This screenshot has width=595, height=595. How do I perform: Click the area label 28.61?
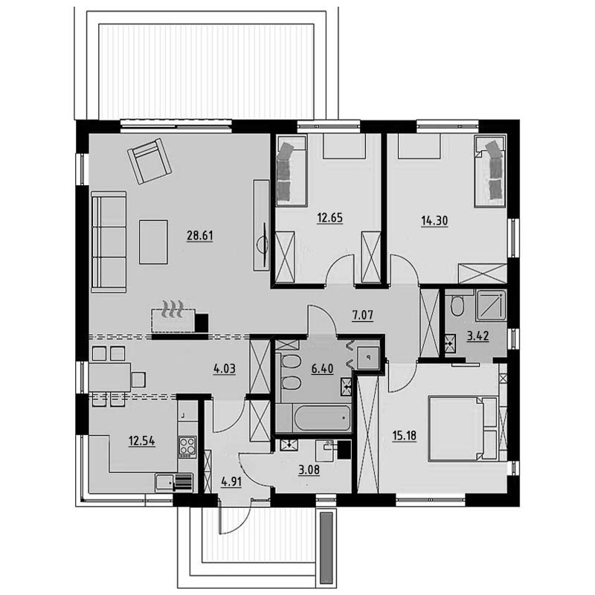pyautogui.click(x=199, y=236)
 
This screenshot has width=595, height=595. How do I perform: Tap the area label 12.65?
pyautogui.click(x=329, y=218)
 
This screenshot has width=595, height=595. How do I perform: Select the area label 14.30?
pyautogui.click(x=434, y=220)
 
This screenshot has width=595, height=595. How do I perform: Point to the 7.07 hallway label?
pyautogui.click(x=363, y=315)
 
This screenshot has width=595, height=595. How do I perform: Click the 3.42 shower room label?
pyautogui.click(x=477, y=336)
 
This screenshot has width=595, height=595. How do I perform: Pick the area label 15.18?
pyautogui.click(x=405, y=435)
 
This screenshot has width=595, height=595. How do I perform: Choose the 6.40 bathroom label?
pyautogui.click(x=322, y=368)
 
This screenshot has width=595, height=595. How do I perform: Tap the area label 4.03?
pyautogui.click(x=225, y=368)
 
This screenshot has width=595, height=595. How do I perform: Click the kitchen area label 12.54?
pyautogui.click(x=141, y=441)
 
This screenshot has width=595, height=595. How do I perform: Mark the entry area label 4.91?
pyautogui.click(x=231, y=481)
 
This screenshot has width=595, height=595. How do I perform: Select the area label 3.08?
pyautogui.click(x=309, y=470)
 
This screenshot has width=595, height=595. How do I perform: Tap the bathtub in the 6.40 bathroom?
pyautogui.click(x=313, y=418)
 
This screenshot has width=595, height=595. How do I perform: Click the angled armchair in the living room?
pyautogui.click(x=149, y=161)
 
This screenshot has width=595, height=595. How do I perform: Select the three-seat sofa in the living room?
pyautogui.click(x=109, y=242)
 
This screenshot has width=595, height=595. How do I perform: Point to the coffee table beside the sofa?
pyautogui.click(x=153, y=242)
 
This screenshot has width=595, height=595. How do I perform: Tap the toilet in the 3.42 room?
pyautogui.click(x=457, y=306)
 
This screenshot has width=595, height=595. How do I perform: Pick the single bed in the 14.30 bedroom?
pyautogui.click(x=490, y=172)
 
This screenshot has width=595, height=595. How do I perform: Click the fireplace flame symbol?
pyautogui.click(x=173, y=309)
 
